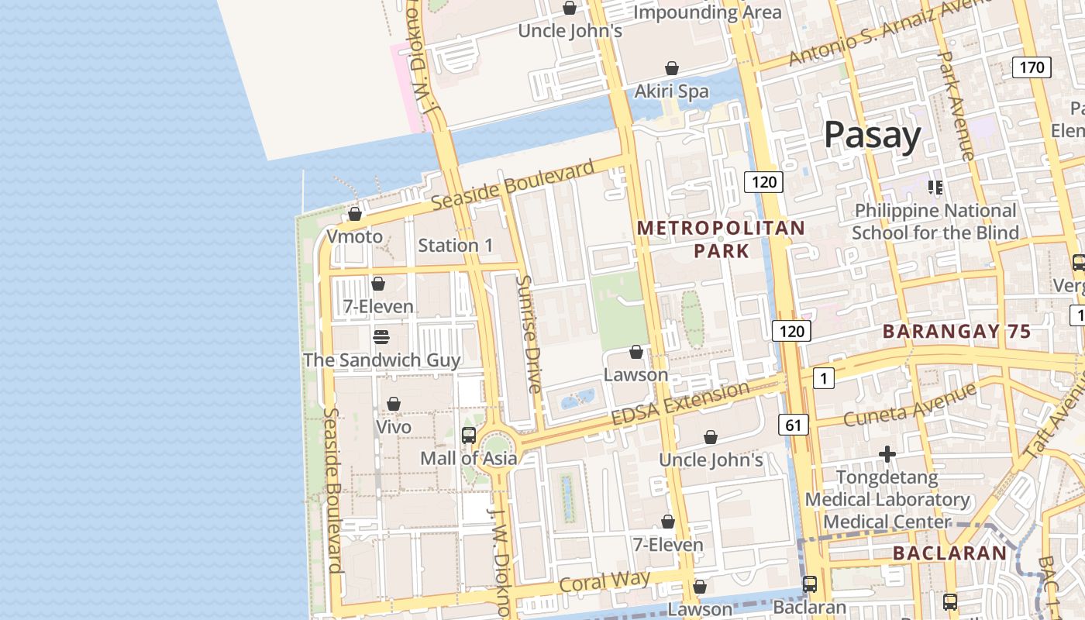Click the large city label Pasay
tap(872, 135)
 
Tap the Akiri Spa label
tap(671, 91)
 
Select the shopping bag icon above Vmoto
tap(355, 214)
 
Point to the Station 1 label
tap(455, 246)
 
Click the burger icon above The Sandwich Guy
tap(381, 337)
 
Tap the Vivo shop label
tap(394, 427)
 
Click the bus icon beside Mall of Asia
tap(469, 436)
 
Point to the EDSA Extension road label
tap(680, 403)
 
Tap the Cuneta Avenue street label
tap(909, 405)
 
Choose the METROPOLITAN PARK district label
tap(721, 239)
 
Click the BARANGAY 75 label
tap(956, 332)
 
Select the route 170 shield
tap(1032, 67)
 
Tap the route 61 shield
tap(793, 425)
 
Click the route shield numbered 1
tap(823, 378)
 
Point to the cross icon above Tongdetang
tap(887, 454)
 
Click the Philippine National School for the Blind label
tap(935, 222)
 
